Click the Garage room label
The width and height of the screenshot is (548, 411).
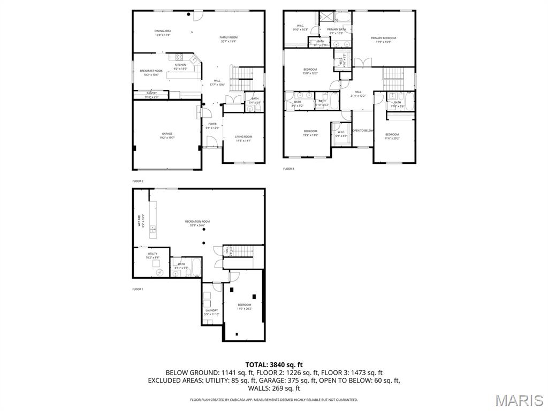(x=168, y=133)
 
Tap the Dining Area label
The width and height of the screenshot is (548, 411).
(x=163, y=31)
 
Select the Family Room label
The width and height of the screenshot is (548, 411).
(x=228, y=37)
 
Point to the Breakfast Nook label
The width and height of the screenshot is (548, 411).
(x=151, y=71)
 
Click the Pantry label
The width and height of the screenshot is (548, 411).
(x=151, y=93)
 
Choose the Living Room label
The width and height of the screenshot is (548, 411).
(x=243, y=137)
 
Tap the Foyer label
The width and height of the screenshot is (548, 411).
(x=212, y=124)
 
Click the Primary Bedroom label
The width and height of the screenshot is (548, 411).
(x=384, y=38)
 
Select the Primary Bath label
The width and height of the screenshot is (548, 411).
(x=337, y=29)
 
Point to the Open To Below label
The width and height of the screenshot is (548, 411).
(x=363, y=131)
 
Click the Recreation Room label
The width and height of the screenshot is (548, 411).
(x=197, y=222)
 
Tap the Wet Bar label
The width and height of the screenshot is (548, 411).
(x=141, y=221)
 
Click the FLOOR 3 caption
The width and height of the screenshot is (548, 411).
(x=288, y=169)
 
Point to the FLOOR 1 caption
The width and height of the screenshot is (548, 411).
(x=138, y=289)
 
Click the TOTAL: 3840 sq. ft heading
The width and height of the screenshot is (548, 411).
(x=273, y=365)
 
